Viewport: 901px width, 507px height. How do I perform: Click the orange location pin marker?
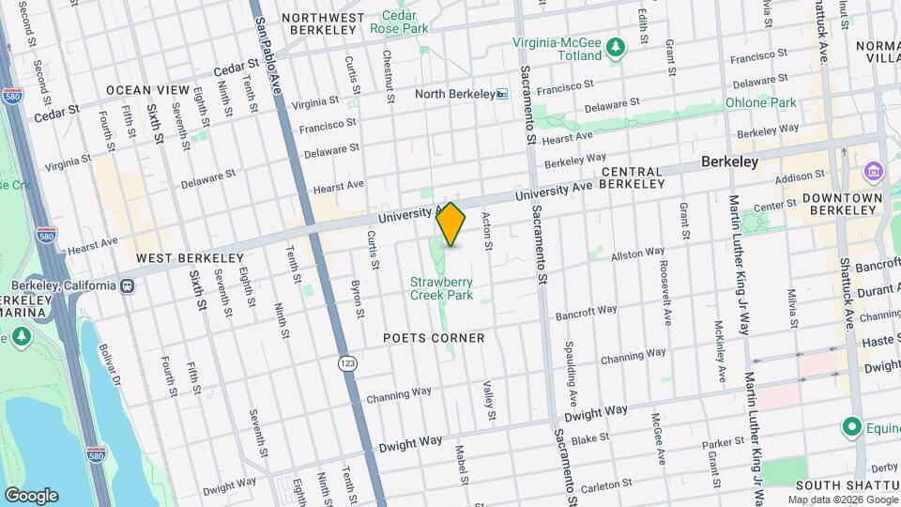pyautogui.click(x=451, y=225)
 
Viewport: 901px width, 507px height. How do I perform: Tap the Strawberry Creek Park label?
pyautogui.click(x=441, y=288)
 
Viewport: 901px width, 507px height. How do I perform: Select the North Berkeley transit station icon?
pyautogui.click(x=502, y=94)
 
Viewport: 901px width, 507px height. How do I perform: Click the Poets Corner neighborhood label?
pyautogui.click(x=434, y=338)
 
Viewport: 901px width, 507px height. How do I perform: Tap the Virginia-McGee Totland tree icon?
pyautogui.click(x=616, y=46)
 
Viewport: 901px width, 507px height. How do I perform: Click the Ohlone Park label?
pyautogui.click(x=760, y=102)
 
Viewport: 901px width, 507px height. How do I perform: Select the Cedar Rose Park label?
pyautogui.click(x=405, y=22)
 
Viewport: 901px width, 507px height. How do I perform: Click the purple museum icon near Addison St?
pyautogui.click(x=873, y=172)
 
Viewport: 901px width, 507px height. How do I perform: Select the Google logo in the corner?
pyautogui.click(x=31, y=495)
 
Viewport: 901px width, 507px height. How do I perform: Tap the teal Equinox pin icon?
pyautogui.click(x=852, y=426)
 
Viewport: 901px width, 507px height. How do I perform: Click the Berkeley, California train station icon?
pyautogui.click(x=125, y=285)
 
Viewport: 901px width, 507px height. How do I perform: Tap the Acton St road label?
pyautogui.click(x=487, y=231)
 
